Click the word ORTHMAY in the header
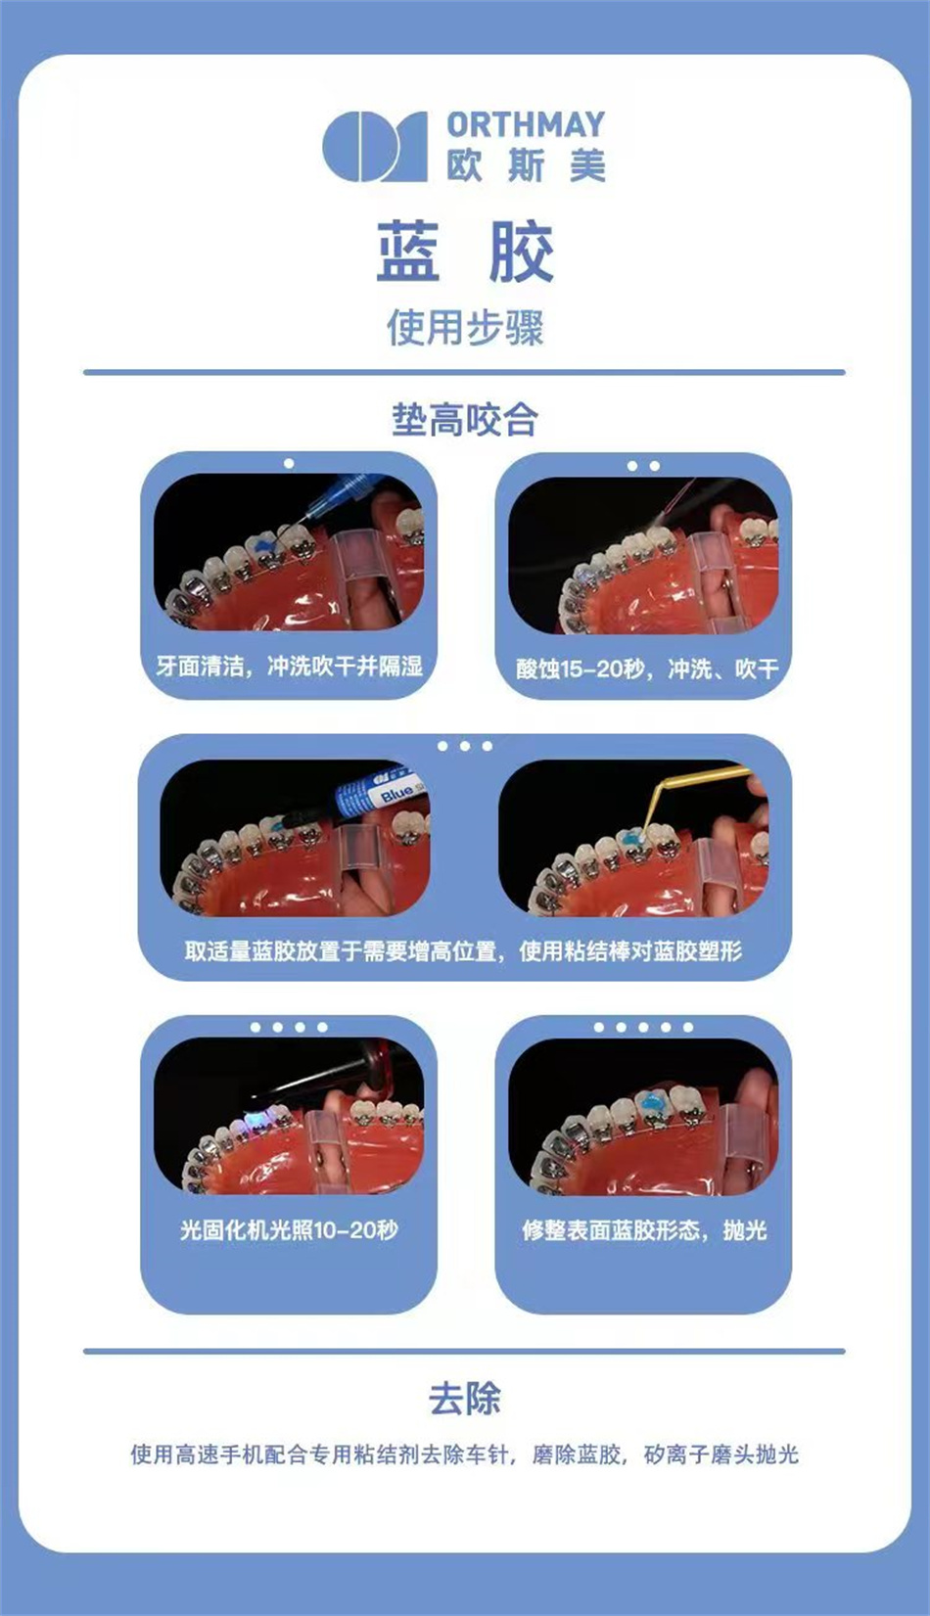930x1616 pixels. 526,125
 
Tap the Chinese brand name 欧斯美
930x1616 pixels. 526,166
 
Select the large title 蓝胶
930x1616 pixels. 465,252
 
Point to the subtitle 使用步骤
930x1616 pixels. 465,328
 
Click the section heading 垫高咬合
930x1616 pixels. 465,420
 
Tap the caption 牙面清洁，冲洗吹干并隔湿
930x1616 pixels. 290,666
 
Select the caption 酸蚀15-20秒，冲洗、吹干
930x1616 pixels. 647,669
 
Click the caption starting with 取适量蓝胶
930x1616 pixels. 463,950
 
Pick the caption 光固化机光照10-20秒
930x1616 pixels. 289,1229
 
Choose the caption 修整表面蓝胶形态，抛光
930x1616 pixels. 644,1229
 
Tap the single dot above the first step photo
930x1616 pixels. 289,464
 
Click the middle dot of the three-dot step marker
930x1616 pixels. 465,746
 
